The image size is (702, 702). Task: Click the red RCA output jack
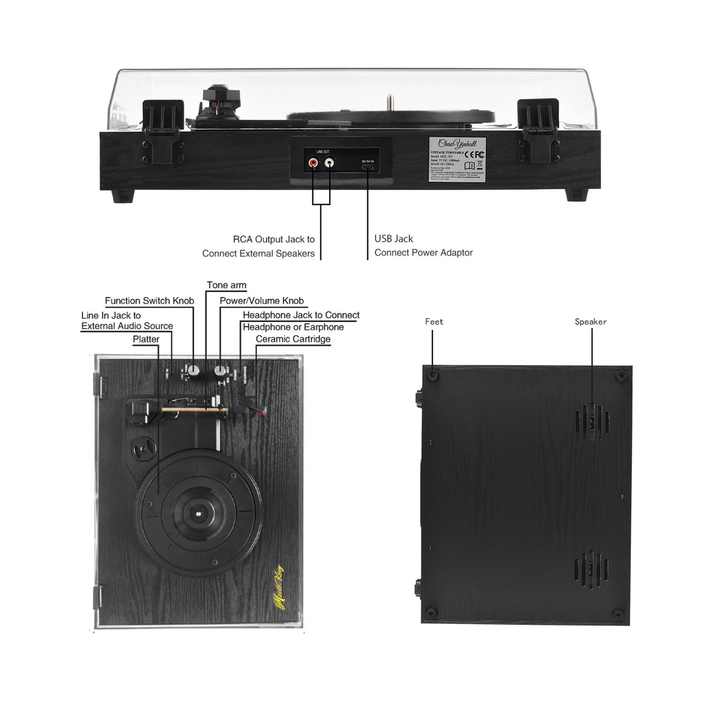[313, 163]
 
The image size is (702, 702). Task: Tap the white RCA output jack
[329, 163]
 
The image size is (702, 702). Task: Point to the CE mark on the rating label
[468, 155]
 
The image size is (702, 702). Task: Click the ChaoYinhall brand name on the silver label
[457, 143]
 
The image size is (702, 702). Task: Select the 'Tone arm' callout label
[226, 285]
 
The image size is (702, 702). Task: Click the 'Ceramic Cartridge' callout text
[293, 339]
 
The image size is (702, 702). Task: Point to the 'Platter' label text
[146, 339]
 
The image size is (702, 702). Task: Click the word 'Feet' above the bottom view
[434, 322]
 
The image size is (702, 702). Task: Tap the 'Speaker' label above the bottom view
[591, 322]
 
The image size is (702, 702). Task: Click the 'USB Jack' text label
[393, 239]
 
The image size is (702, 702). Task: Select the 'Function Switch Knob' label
[149, 301]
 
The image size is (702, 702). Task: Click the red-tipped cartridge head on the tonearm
[259, 411]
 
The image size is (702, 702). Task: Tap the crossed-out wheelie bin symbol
[480, 165]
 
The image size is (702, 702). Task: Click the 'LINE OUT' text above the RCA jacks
[323, 152]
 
